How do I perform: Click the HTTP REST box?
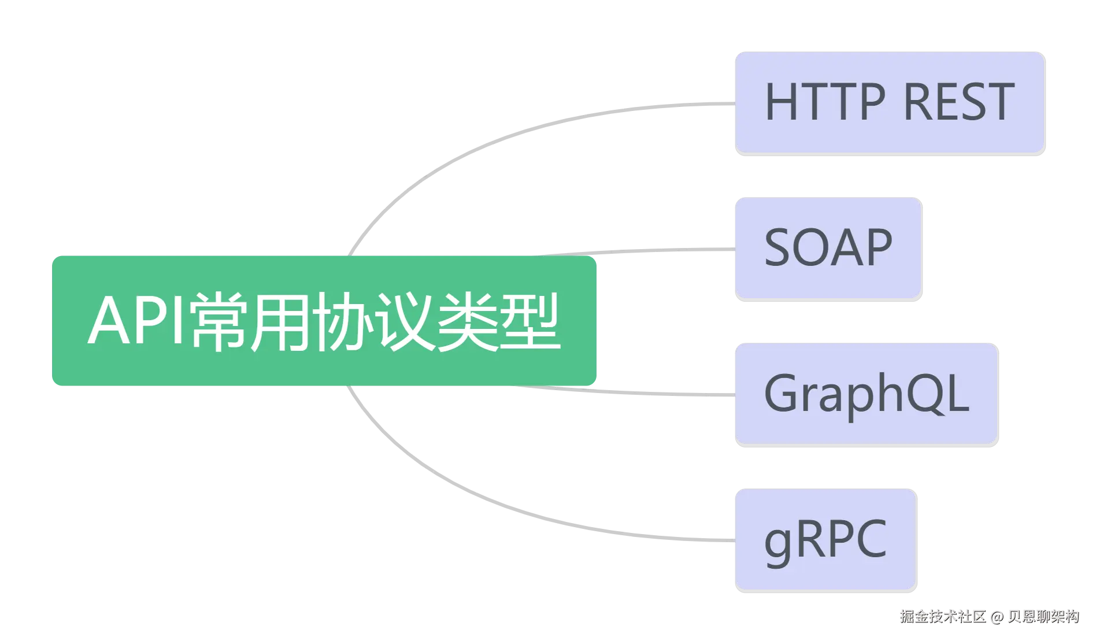pyautogui.click(x=889, y=102)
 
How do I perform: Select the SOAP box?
pyautogui.click(x=828, y=248)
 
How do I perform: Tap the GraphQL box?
pyautogui.click(x=866, y=394)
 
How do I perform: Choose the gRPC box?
pyautogui.click(x=825, y=539)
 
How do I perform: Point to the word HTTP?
pyautogui.click(x=825, y=102)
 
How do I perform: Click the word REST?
pyautogui.click(x=958, y=102)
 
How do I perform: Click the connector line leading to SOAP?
pyautogui.click(x=665, y=250)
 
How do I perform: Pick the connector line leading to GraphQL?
pyautogui.click(x=665, y=394)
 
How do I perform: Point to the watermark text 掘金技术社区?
pyautogui.click(x=942, y=617)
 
